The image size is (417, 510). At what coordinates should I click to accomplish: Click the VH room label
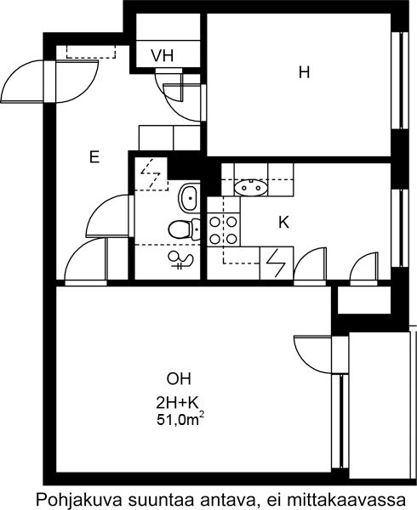pos(163,56)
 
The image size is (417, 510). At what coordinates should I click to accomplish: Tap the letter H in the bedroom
pos(304,72)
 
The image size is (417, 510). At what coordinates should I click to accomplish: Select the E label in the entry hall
pos(94,157)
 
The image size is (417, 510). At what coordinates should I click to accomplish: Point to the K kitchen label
pos(284,223)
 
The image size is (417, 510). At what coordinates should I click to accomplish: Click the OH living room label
pos(179,379)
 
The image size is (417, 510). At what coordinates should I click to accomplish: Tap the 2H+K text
pos(177,403)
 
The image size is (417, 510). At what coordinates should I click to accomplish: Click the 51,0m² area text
pos(180,419)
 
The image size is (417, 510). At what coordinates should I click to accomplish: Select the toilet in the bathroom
pos(185,229)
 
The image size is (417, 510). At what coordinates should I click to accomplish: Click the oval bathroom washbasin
pos(188,197)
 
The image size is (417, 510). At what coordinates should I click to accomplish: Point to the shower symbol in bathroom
pos(181,261)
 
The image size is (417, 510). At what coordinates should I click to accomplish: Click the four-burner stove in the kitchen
pos(223,230)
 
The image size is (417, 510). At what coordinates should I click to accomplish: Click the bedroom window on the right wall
pos(400,81)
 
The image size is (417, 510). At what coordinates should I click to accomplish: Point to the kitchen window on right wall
pos(400,229)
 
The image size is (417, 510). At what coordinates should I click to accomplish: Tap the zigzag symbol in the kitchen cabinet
pos(277,263)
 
